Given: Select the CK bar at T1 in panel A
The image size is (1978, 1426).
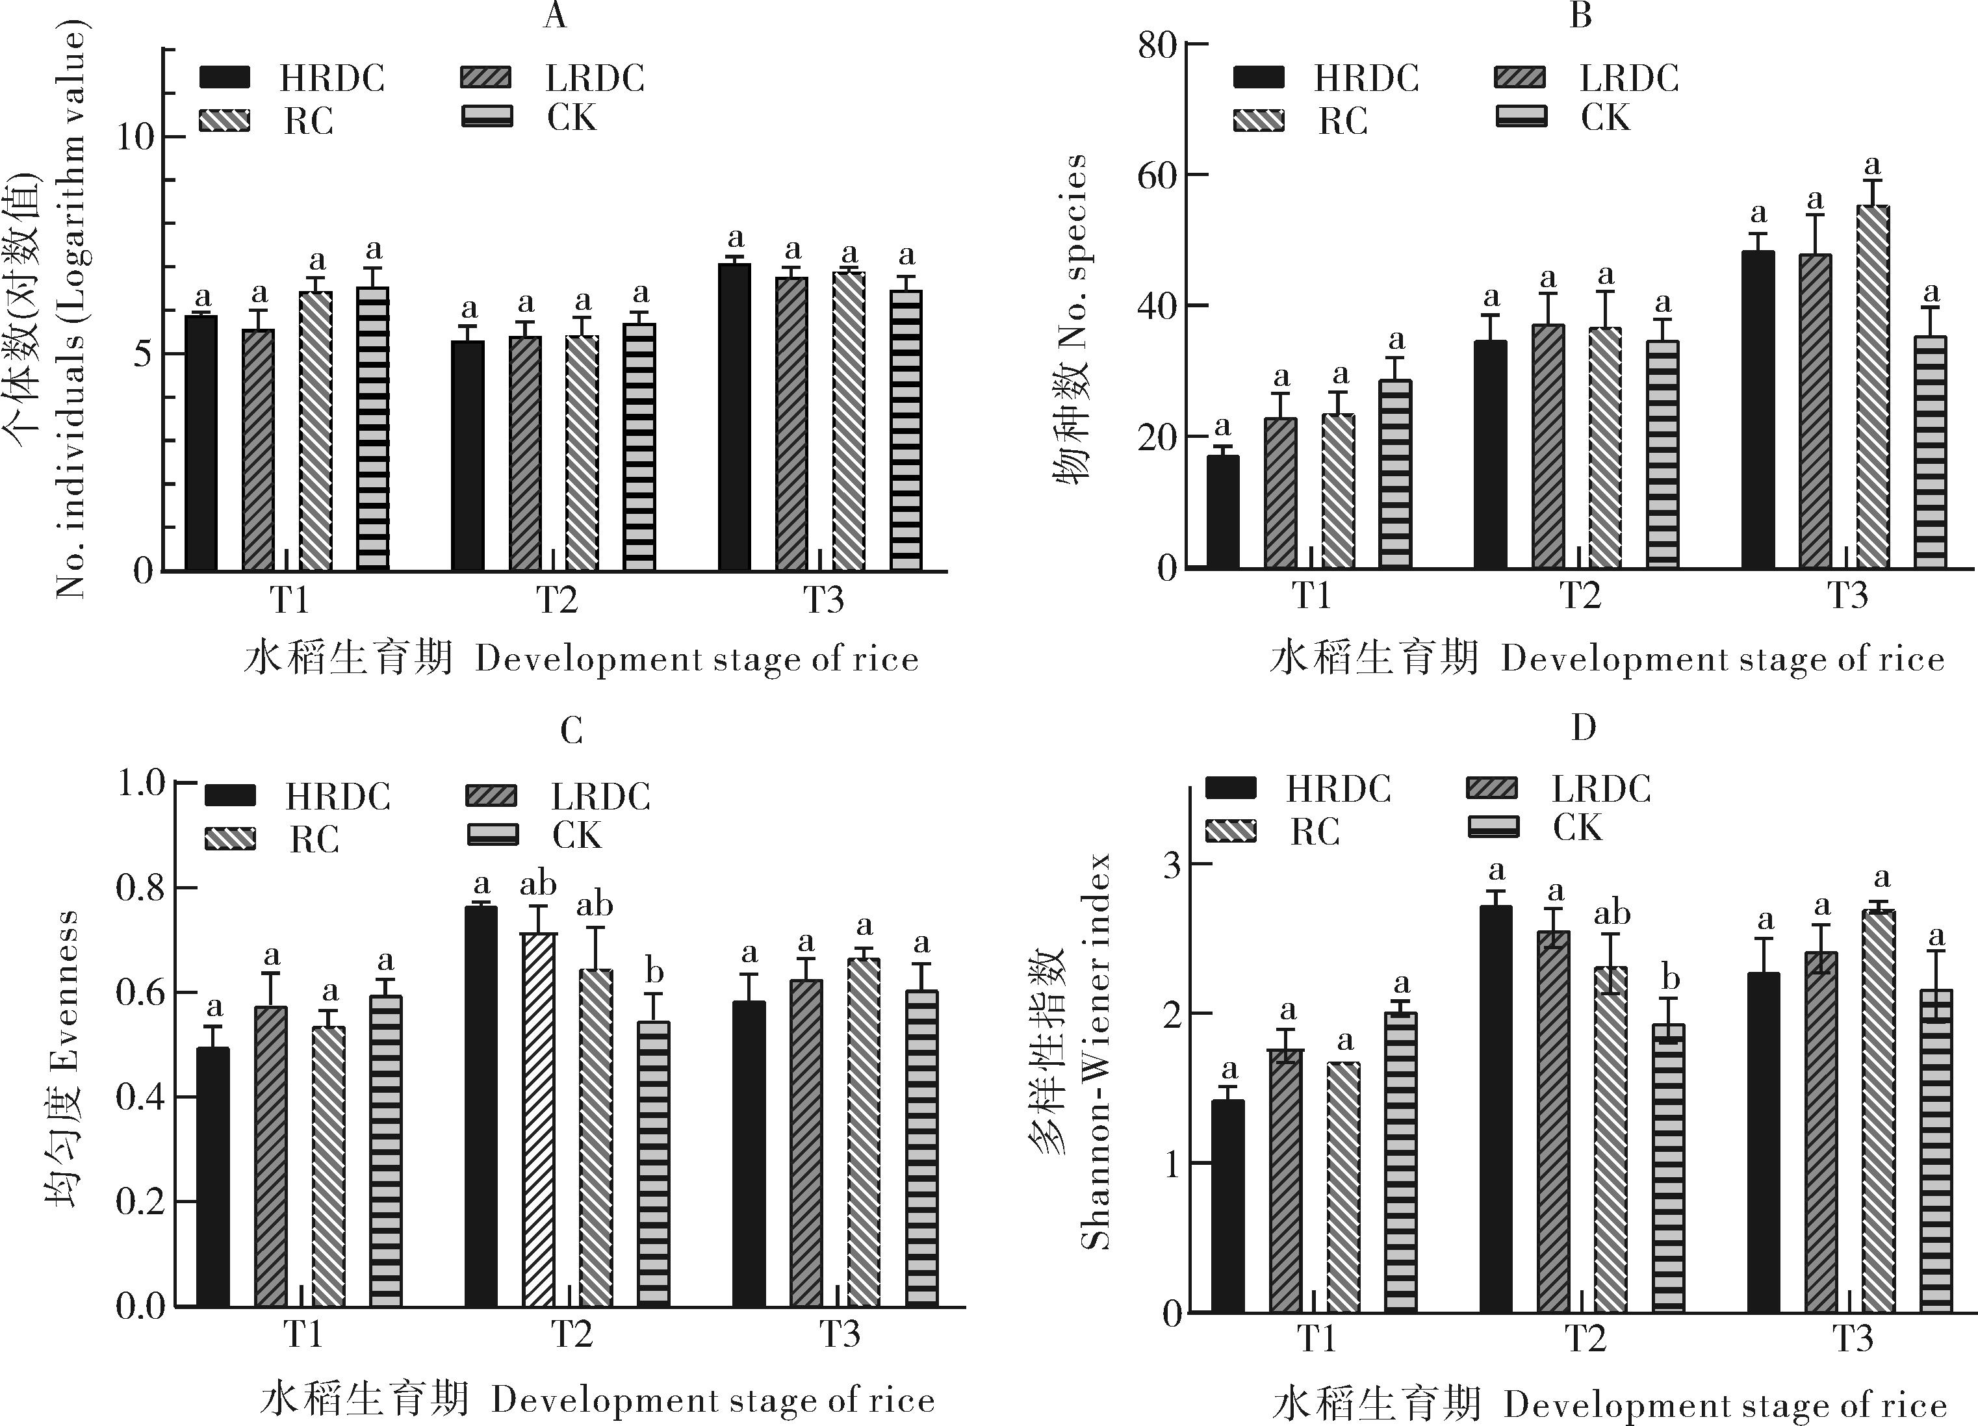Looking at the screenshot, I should coord(372,428).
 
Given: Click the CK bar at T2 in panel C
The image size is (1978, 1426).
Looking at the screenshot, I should coord(654,1164).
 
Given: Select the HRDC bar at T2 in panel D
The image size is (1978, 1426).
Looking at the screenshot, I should coord(1496,1108).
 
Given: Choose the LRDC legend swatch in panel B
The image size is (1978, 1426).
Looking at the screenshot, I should coord(1520,77).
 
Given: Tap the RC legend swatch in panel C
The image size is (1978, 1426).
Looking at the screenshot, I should coord(230,838).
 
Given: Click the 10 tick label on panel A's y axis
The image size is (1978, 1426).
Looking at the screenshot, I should coord(136,137).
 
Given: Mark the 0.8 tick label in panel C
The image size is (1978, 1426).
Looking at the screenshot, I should coord(140,888).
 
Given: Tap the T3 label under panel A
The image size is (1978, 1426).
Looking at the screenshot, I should coord(823,600).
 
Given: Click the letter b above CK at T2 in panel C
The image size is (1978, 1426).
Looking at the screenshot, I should coord(654,971).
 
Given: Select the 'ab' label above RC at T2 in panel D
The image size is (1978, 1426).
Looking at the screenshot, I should coord(1612,913).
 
